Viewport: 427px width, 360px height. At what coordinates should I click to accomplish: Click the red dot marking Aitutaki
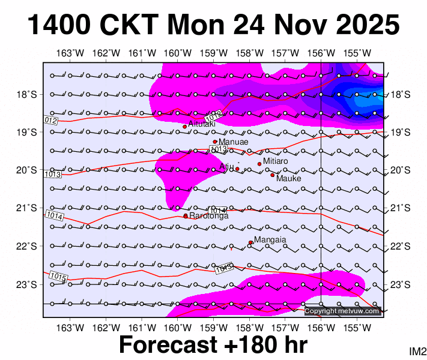[x=185, y=127]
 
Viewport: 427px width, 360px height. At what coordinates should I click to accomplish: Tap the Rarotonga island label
[x=208, y=216]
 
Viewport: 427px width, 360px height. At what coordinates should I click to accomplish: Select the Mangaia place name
[x=270, y=240]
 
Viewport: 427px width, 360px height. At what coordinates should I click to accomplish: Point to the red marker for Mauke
[x=272, y=175]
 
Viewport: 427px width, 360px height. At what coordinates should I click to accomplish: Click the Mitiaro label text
[x=276, y=161]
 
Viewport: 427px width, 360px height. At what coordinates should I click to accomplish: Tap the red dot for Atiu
[x=237, y=169]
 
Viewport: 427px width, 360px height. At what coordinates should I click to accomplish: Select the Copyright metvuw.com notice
[x=342, y=311]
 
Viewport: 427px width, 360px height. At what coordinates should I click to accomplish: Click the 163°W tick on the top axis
[x=70, y=53]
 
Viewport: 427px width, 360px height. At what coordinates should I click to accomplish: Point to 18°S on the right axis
[x=400, y=94]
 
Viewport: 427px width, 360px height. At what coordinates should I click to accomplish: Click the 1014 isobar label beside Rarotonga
[x=219, y=211]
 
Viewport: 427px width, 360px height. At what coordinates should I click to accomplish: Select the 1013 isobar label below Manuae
[x=218, y=149]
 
